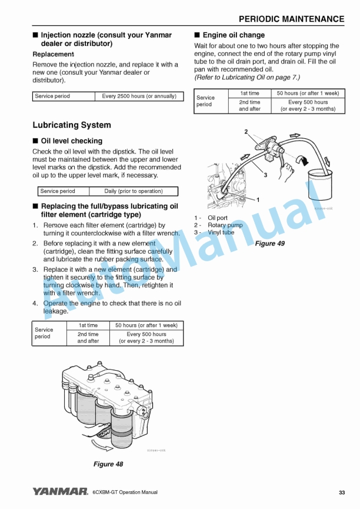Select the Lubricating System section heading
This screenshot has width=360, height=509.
(71, 125)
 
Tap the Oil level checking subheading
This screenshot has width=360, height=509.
(71, 141)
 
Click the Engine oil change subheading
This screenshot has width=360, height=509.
(234, 35)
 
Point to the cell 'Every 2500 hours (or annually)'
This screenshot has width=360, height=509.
(139, 97)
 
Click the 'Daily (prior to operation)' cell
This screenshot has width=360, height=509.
(133, 191)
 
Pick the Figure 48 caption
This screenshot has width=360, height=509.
(108, 464)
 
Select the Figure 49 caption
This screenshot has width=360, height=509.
(269, 244)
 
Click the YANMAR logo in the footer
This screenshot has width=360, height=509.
(60, 492)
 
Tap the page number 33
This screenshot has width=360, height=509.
(342, 493)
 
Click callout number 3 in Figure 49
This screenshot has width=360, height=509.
(265, 175)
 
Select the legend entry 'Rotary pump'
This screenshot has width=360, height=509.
(225, 225)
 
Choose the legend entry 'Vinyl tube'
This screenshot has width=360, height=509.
(221, 232)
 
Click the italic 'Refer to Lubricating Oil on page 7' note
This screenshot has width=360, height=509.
(247, 77)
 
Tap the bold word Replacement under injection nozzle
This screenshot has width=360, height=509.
(53, 54)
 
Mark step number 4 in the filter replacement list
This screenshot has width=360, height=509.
(35, 304)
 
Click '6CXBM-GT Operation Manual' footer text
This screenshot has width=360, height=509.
(125, 493)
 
